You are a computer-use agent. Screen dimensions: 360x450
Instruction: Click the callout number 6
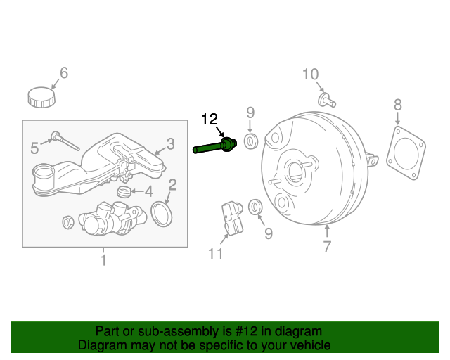pyautogui.click(x=63, y=72)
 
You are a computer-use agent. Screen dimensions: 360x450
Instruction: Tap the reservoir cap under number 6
pyautogui.click(x=41, y=96)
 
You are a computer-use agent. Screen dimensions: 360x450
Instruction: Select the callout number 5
pyautogui.click(x=34, y=148)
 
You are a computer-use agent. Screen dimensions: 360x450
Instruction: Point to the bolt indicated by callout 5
pyautogui.click(x=65, y=141)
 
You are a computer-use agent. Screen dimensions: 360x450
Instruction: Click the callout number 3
pyautogui.click(x=170, y=145)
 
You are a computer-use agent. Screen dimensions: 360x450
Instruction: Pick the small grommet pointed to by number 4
pyautogui.click(x=124, y=191)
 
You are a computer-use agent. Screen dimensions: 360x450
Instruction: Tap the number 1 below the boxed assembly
pyautogui.click(x=103, y=261)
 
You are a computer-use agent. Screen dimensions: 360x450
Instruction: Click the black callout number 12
pyautogui.click(x=211, y=119)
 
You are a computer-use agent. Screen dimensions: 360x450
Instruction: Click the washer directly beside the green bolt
pyautogui.click(x=250, y=141)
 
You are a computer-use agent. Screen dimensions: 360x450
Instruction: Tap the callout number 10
pyautogui.click(x=310, y=74)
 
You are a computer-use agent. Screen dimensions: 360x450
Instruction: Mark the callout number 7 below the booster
pyautogui.click(x=326, y=246)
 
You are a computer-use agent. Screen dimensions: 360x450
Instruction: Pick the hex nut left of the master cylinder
pyautogui.click(x=69, y=222)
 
